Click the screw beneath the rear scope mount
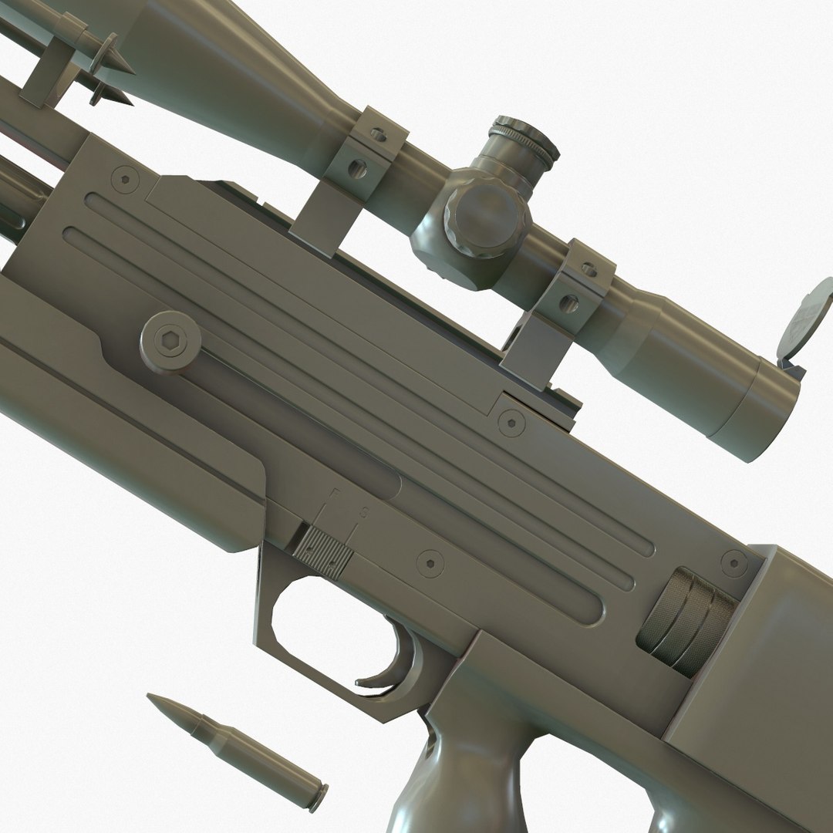tap(510, 421)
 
